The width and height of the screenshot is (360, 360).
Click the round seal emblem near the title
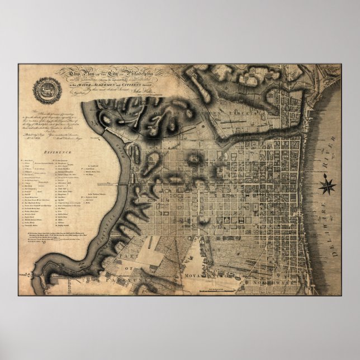coord(45,89)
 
